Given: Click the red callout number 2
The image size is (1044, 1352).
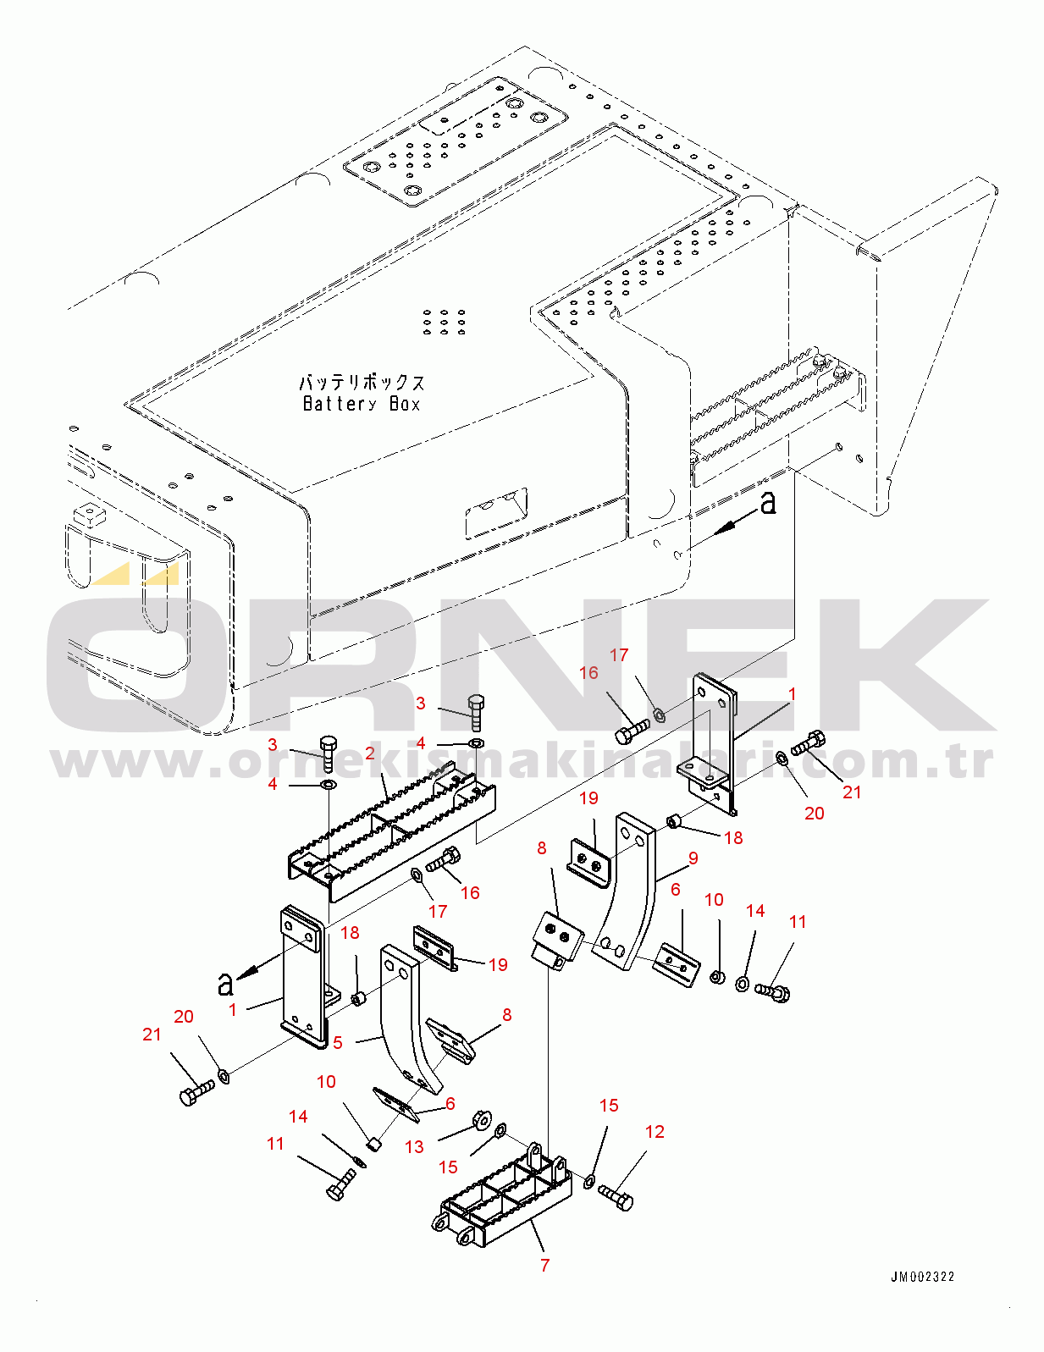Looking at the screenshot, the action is click(x=370, y=753).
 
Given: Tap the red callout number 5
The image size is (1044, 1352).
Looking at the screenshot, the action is click(x=338, y=1043).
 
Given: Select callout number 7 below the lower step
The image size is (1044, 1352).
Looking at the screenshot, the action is click(x=545, y=1265).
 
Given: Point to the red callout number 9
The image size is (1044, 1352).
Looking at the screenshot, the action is click(x=693, y=858).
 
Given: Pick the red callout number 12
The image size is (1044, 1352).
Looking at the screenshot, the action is click(x=655, y=1131).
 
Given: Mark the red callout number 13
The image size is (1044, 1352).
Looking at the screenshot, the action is click(x=414, y=1147).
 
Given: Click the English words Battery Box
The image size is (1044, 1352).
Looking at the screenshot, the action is click(x=362, y=404).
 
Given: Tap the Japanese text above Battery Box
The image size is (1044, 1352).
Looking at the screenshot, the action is click(x=362, y=382).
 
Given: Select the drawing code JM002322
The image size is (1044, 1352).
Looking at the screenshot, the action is click(x=923, y=1278).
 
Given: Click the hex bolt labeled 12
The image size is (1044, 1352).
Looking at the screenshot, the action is click(x=616, y=1198).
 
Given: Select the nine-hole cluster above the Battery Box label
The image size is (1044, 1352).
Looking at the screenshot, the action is click(x=445, y=322).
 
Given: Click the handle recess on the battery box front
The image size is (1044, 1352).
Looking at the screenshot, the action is click(x=496, y=512).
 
